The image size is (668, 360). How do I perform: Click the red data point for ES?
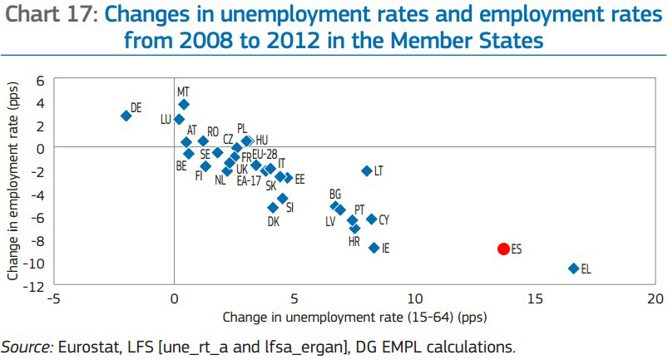tap(502, 249)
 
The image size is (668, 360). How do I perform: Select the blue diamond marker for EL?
tap(573, 268)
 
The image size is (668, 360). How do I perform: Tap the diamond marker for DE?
tap(126, 116)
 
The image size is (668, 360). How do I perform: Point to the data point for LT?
tap(366, 170)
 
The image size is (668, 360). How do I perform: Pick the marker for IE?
tap(374, 248)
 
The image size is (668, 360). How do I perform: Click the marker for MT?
tap(184, 104)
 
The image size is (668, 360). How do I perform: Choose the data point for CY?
tap(371, 219)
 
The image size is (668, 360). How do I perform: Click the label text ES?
tap(517, 249)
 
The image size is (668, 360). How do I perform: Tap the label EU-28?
tap(265, 154)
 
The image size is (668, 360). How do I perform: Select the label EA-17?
tap(249, 180)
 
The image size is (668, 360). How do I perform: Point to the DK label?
tap(274, 222)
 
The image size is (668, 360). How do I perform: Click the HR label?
tap(354, 241)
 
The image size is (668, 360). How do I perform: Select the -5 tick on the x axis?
tap(53, 298)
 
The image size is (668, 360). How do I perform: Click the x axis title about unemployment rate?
tap(354, 317)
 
